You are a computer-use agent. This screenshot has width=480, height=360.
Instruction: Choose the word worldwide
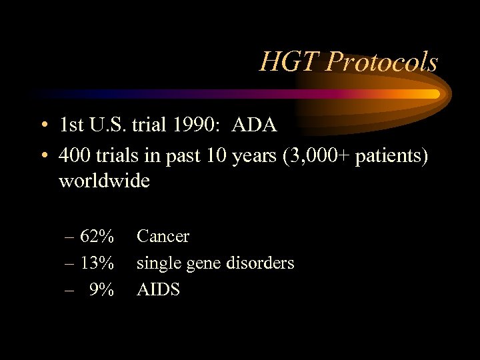tap(105, 181)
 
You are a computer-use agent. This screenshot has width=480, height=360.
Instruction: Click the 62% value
tap(97, 237)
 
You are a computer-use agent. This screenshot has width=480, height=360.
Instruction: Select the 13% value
tap(97, 263)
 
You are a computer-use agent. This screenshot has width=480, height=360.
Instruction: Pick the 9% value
tap(101, 290)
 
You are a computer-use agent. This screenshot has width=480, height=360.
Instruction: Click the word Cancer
tap(163, 237)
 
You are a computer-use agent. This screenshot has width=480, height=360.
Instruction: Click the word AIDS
tap(159, 290)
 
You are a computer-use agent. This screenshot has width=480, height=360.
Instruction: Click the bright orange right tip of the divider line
tap(435, 93)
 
